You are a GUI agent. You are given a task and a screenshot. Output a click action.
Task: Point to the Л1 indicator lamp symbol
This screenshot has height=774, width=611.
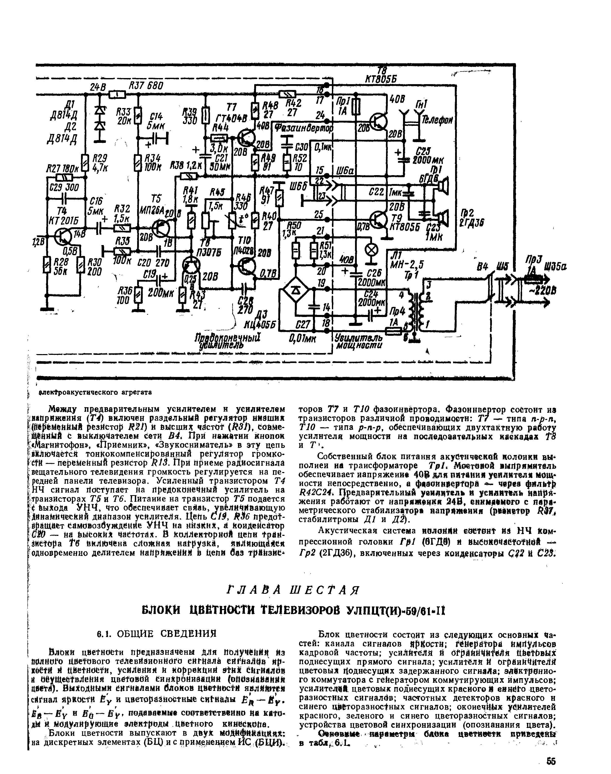pyautogui.click(x=371, y=251)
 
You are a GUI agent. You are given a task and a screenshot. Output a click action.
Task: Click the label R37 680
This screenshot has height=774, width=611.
pyautogui.click(x=146, y=86)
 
